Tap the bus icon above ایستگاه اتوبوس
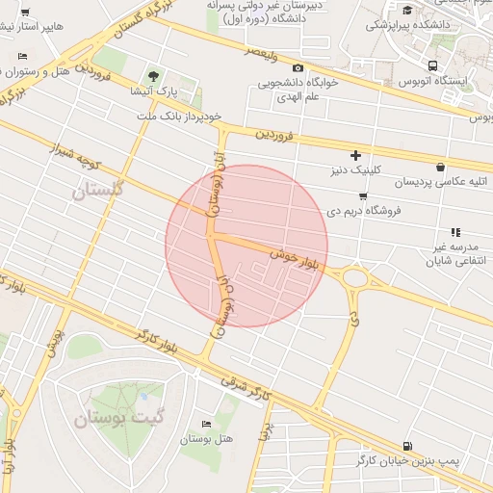(433, 65)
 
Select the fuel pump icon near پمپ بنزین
(408, 447)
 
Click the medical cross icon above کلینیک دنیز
(355, 155)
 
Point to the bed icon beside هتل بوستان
(206, 425)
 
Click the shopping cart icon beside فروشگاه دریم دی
(362, 195)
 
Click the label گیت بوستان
(104, 419)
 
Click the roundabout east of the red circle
(357, 279)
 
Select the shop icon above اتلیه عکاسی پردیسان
(440, 166)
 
